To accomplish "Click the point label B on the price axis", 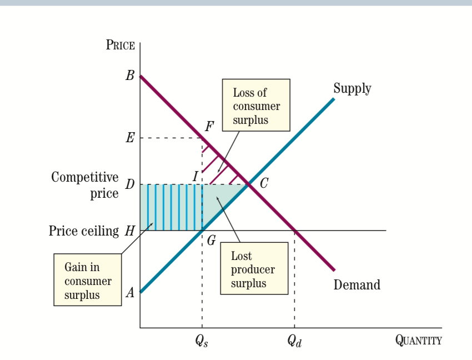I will [x=130, y=76].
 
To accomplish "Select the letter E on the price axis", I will [x=130, y=138].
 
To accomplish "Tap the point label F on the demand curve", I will [x=209, y=126].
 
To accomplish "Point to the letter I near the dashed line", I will [x=195, y=176].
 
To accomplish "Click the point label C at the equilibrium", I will [x=264, y=184].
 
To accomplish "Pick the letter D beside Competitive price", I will [x=129, y=184].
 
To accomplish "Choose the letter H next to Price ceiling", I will [x=129, y=231].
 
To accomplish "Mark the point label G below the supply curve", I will [x=211, y=241].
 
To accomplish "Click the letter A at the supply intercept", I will [x=130, y=293].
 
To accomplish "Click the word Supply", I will [x=352, y=88].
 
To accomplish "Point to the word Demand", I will [x=356, y=285].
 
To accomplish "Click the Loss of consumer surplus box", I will [x=256, y=105].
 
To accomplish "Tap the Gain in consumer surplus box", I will [x=87, y=281].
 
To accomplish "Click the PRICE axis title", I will [x=120, y=45].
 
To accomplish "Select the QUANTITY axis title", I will [x=418, y=340].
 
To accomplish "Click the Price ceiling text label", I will [x=83, y=231].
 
